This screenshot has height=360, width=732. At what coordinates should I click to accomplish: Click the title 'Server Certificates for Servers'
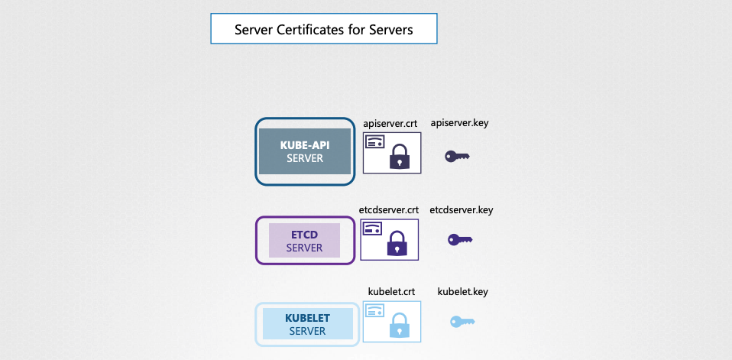pos(323,30)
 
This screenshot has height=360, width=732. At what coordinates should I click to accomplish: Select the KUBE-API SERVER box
pos(305,151)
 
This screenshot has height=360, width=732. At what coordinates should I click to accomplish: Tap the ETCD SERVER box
pos(304,240)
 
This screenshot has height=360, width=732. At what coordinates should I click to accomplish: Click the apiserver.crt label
pos(390,122)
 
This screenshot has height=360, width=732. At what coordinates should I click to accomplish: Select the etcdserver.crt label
pos(389,209)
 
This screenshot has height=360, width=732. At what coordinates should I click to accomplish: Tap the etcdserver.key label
pos(462,209)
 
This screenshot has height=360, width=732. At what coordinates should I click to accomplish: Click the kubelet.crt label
pos(390,291)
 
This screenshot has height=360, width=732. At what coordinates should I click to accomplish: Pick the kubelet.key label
pos(462,291)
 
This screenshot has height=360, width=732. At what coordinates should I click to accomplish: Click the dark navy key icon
pos(457,156)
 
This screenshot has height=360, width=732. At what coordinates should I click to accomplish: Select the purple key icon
pos(460,240)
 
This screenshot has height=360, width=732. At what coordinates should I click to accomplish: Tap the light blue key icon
pos(462,322)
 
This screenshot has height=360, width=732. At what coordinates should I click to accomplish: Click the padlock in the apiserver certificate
pos(400,157)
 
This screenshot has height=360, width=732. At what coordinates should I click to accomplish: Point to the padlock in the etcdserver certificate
pos(397,244)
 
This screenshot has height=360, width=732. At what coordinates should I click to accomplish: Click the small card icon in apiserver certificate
pos(374,142)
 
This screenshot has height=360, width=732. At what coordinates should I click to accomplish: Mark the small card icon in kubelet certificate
pos(374,310)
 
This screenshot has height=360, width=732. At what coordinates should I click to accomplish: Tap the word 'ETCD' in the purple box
pos(304,234)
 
